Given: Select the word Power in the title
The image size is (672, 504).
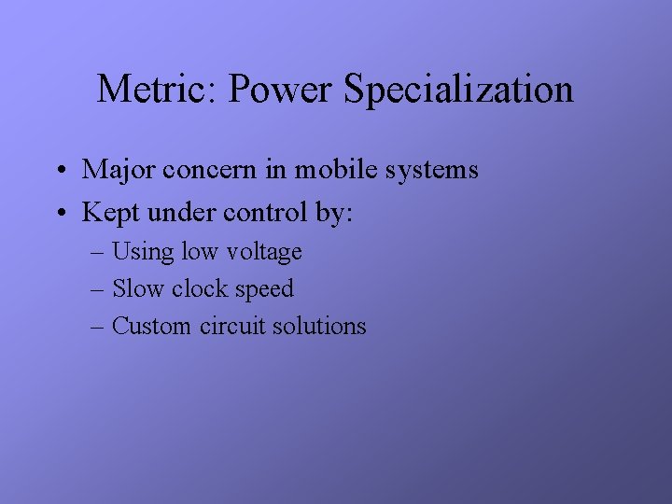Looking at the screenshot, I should (281, 90).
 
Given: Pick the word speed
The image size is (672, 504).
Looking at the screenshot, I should (264, 290).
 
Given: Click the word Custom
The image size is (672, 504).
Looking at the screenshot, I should (152, 327).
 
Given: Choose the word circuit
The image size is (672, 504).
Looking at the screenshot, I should (232, 326).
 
